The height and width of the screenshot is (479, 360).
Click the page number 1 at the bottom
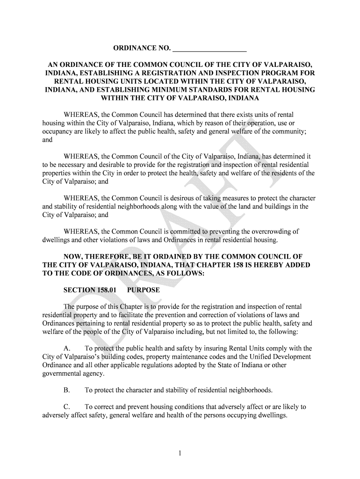tap(180, 452)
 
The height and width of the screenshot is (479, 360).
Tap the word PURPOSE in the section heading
tap(144, 290)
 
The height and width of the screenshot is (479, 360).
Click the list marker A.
tap(67, 348)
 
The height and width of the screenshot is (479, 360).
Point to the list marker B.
tap(67, 390)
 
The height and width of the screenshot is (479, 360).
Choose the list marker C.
tap(67, 407)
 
